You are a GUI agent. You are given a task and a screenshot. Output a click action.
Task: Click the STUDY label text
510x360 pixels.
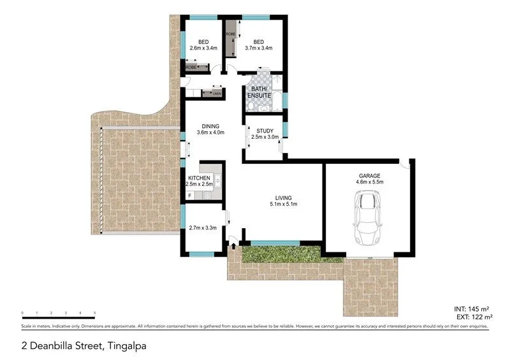[x=265, y=131]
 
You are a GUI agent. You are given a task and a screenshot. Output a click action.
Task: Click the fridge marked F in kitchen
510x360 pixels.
[x=189, y=194]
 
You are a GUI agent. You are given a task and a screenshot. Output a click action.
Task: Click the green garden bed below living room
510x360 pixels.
[x=280, y=256]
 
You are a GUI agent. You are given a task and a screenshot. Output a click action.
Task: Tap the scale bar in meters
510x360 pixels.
[x=58, y=317]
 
